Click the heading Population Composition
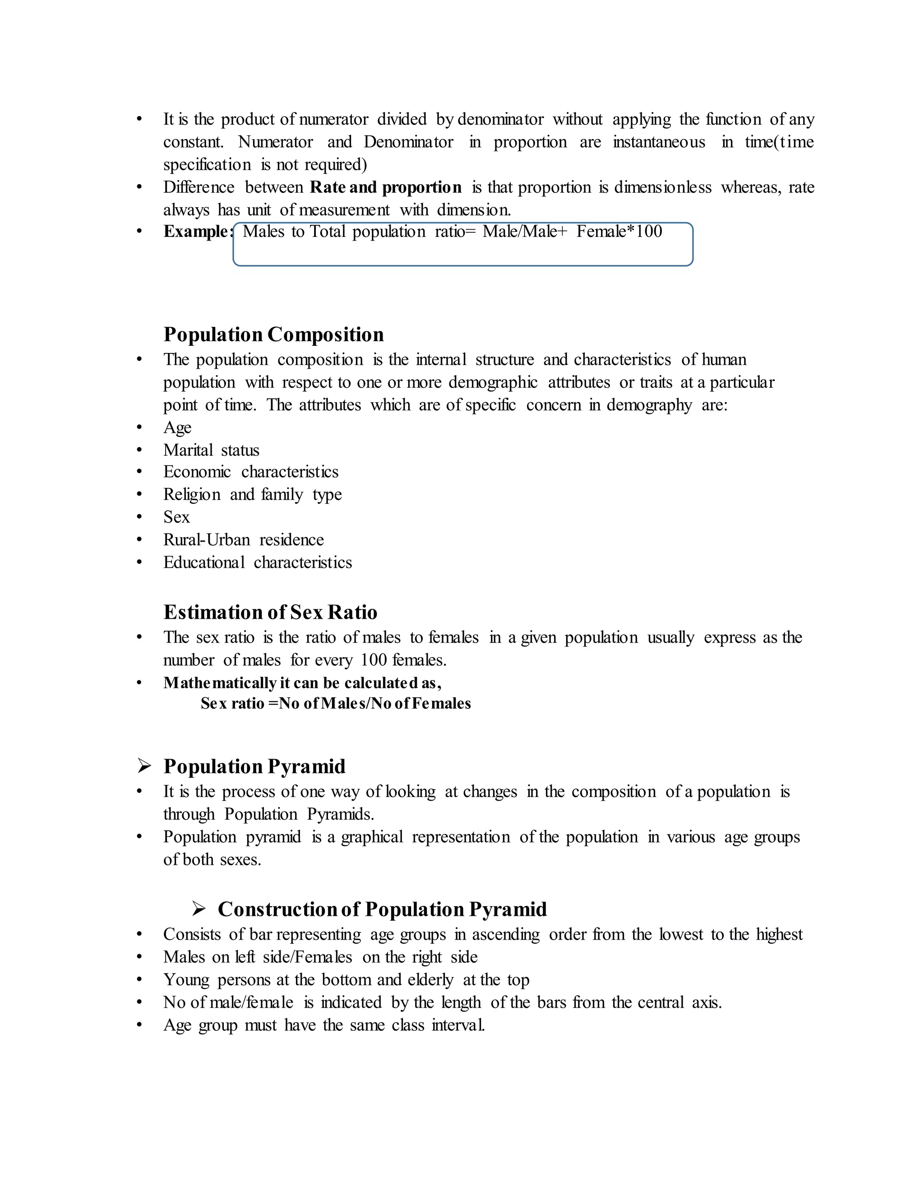(273, 334)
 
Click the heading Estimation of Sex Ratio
(270, 612)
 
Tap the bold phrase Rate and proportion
(385, 187)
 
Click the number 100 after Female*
(649, 232)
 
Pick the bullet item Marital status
(211, 450)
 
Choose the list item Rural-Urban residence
(243, 540)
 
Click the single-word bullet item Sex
(176, 517)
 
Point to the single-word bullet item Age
(177, 428)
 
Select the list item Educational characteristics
(257, 562)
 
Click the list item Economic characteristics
(251, 472)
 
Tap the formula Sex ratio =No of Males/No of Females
(335, 704)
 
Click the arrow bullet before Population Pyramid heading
(144, 766)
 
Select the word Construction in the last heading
(277, 909)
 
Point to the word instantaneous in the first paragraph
(659, 142)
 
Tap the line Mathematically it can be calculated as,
(302, 683)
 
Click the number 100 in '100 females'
(374, 660)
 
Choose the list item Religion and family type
(252, 495)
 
